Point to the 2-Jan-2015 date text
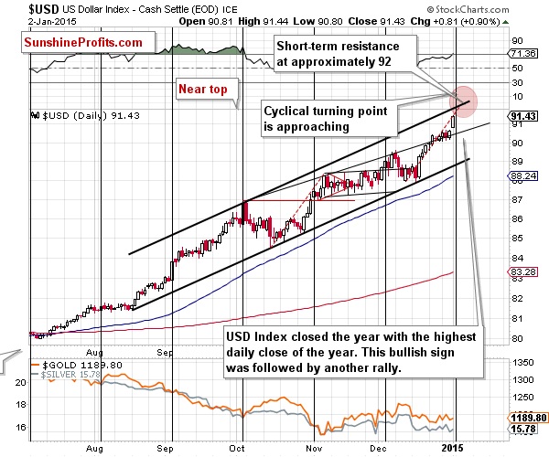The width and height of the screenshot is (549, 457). pyautogui.click(x=27, y=21)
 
